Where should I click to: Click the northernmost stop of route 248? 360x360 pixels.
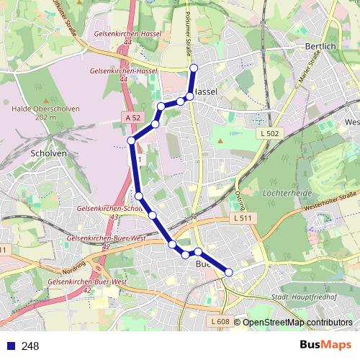193,68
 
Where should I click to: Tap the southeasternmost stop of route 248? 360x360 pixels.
229,272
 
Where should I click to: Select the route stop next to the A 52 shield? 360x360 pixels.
155,125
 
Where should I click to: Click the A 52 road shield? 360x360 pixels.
132,117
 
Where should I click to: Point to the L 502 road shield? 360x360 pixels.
270,134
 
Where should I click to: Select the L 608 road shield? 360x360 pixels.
220,321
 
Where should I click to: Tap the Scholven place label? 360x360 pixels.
49,153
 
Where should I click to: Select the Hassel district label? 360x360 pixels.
207,92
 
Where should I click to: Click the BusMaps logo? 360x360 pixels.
325,346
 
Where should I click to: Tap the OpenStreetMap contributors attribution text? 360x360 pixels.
297,322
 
